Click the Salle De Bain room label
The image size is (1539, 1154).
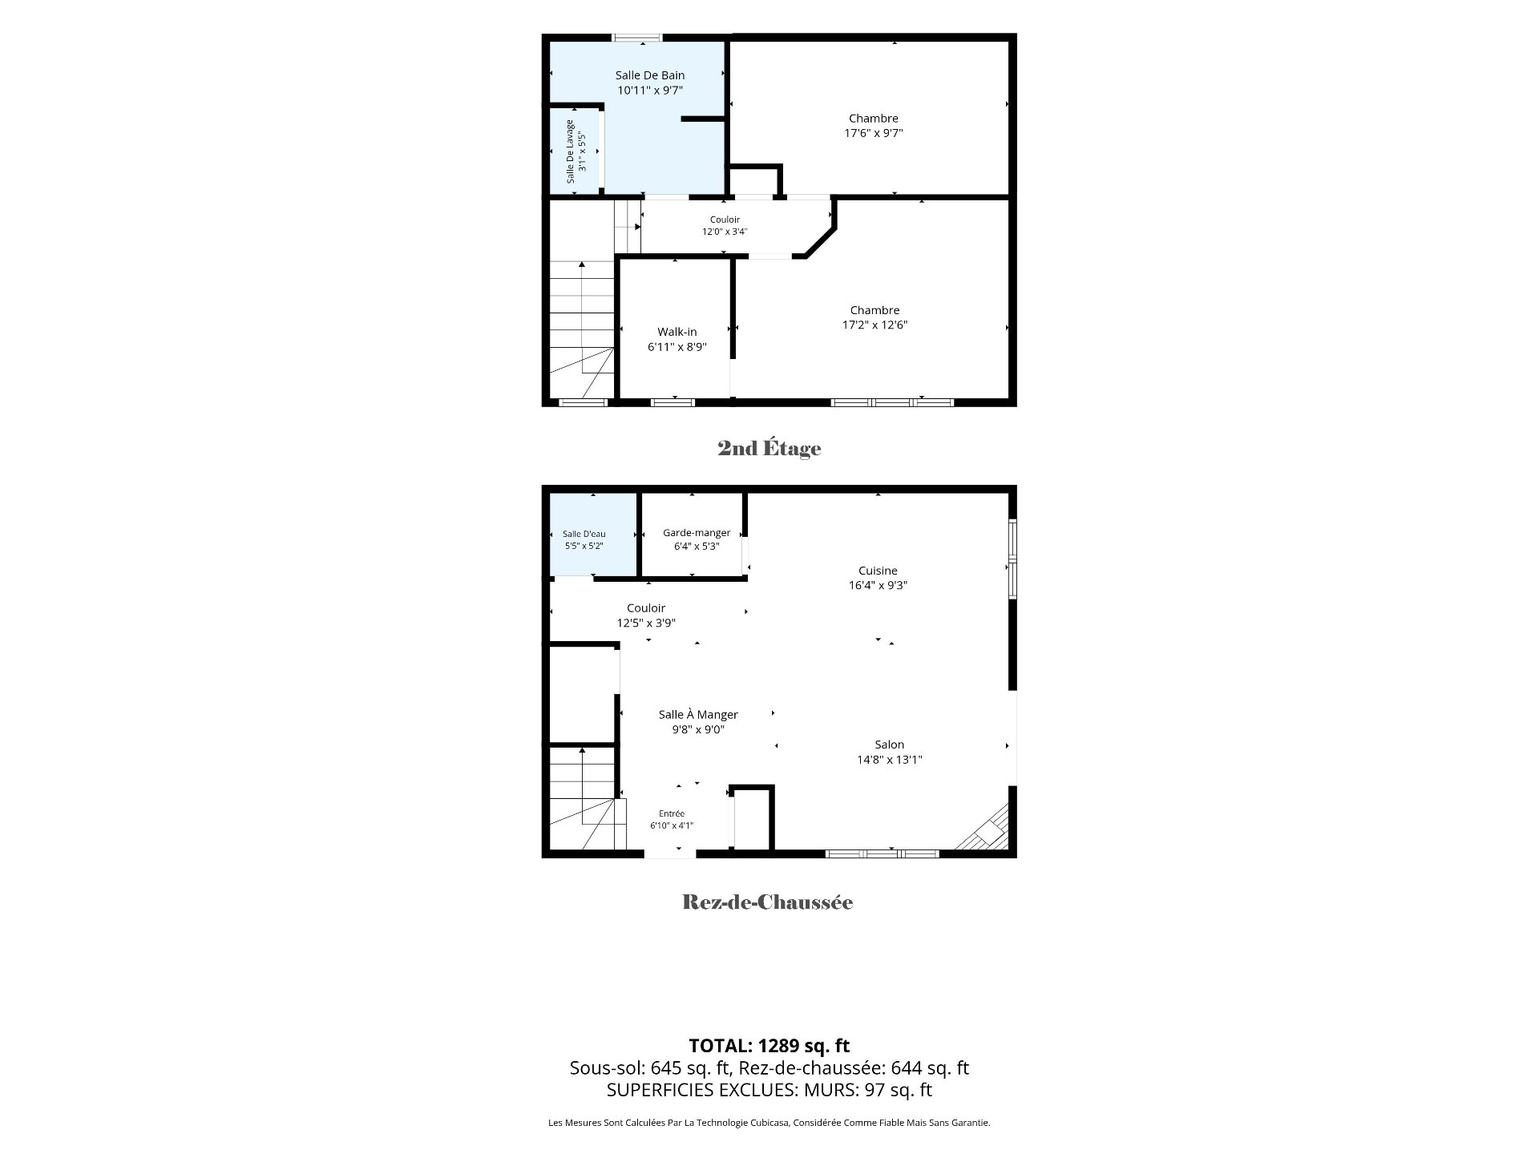[x=650, y=75]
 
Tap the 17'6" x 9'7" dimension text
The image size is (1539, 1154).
[x=874, y=133]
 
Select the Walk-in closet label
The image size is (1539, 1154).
[x=677, y=332]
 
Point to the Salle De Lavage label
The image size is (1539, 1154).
[x=571, y=151]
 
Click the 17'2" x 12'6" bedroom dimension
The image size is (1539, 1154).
[x=875, y=325]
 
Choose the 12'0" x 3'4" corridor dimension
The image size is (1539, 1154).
[x=725, y=232]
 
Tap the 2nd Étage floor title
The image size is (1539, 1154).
[x=769, y=448]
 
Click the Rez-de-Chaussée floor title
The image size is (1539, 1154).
[x=768, y=902]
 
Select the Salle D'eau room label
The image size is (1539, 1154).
[x=584, y=534]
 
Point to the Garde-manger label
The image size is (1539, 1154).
[x=697, y=533]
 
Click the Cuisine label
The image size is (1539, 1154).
[x=878, y=571]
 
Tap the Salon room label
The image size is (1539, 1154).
[x=890, y=744]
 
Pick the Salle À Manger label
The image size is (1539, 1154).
[x=698, y=715]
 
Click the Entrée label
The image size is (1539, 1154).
[x=672, y=813]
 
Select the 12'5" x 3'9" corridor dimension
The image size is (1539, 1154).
[x=646, y=623]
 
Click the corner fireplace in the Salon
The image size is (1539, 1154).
[x=989, y=829]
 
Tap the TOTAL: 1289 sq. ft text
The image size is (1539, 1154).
[x=769, y=1045]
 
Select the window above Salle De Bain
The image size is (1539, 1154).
[x=638, y=37]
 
